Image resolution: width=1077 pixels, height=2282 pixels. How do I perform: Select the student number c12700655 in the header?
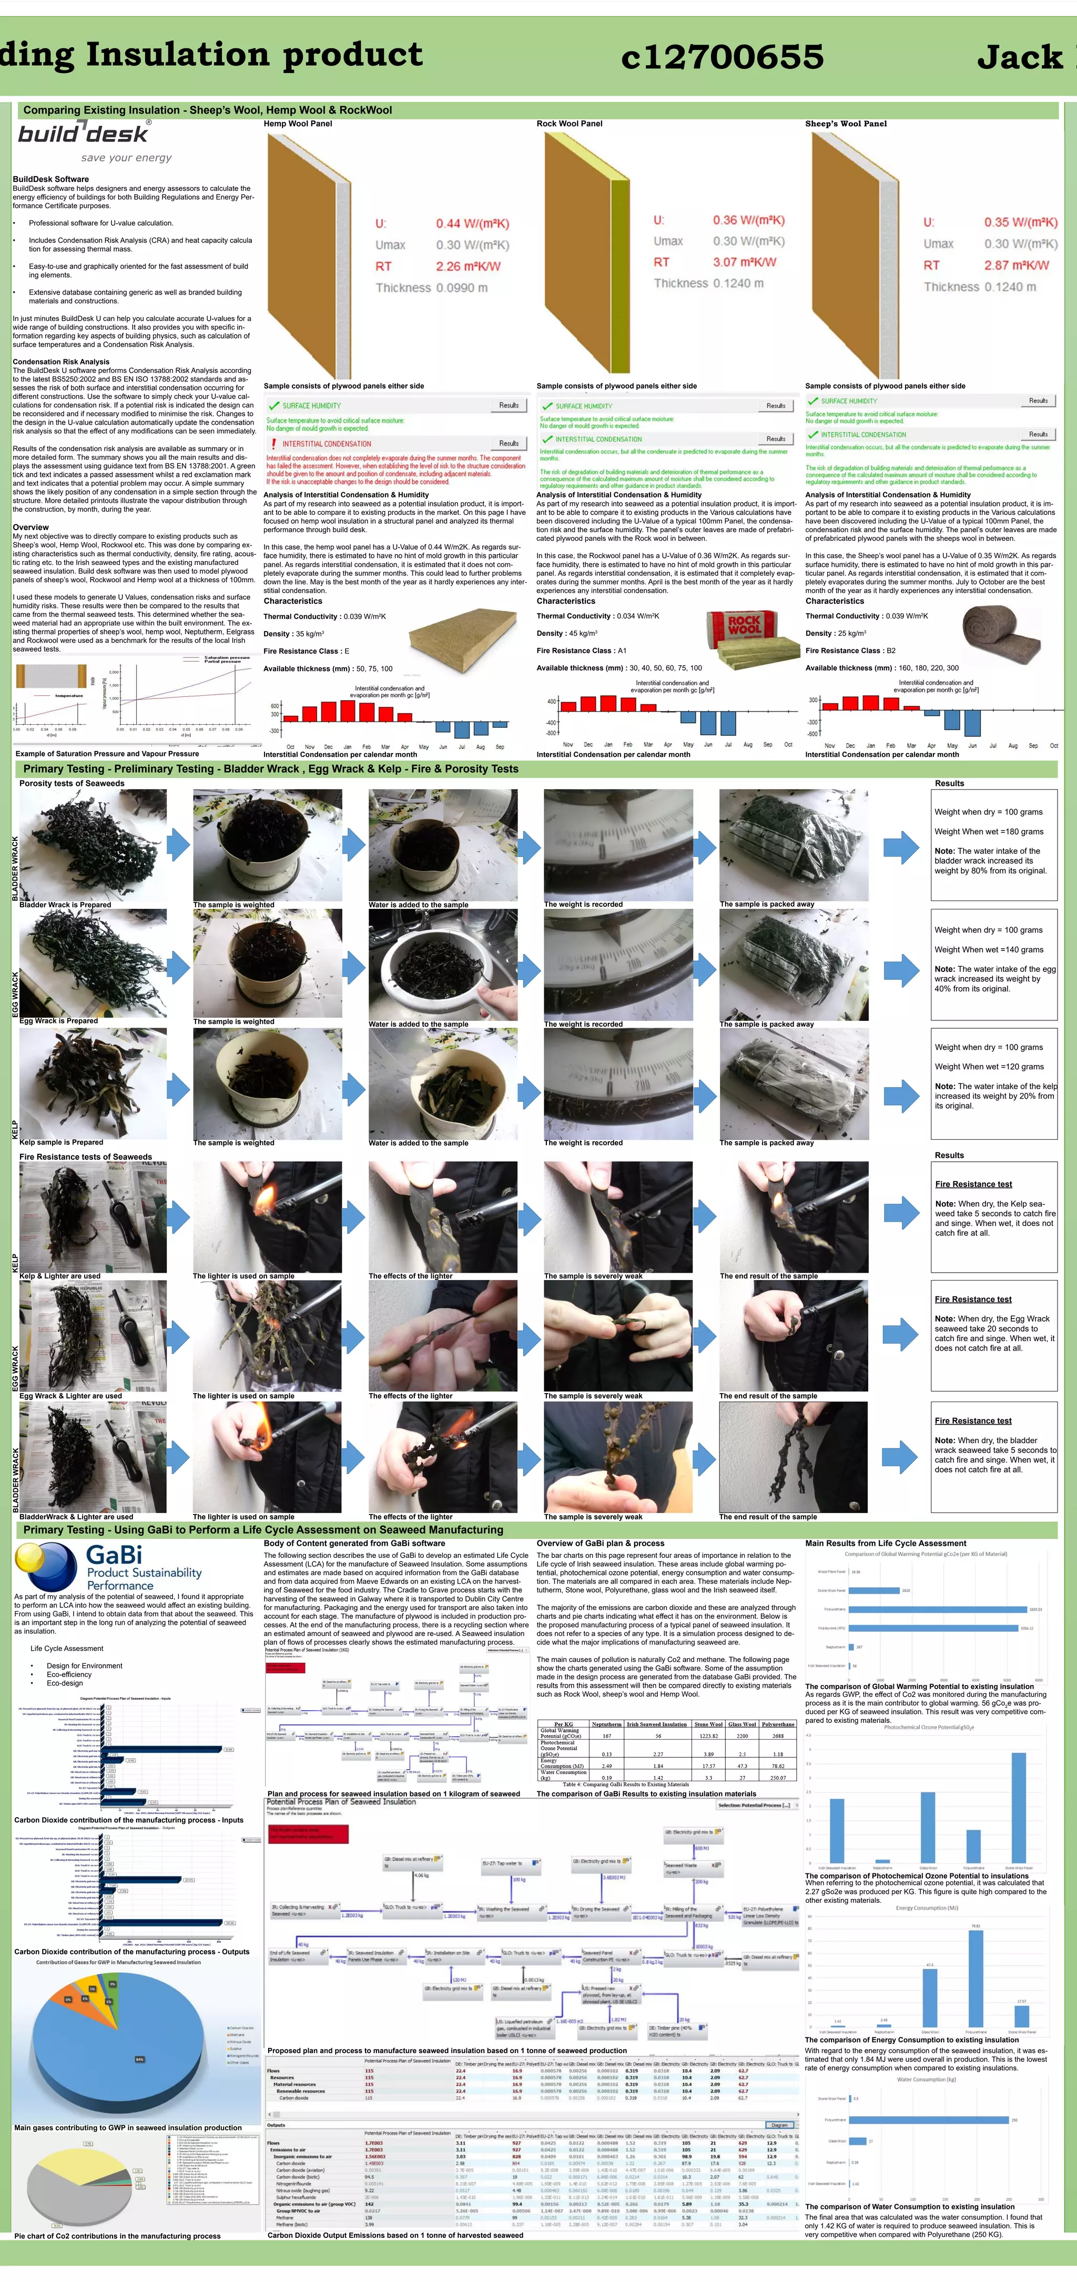click(722, 57)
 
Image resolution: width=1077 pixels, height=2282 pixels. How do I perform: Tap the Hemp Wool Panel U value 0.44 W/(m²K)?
click(472, 224)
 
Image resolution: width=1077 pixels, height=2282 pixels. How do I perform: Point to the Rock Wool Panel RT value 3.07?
click(744, 262)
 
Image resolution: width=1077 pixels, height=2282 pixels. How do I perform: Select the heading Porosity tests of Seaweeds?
click(72, 783)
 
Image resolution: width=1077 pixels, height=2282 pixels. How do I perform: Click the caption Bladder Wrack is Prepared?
click(66, 905)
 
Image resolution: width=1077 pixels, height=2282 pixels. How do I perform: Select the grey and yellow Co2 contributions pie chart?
click(80, 2185)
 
